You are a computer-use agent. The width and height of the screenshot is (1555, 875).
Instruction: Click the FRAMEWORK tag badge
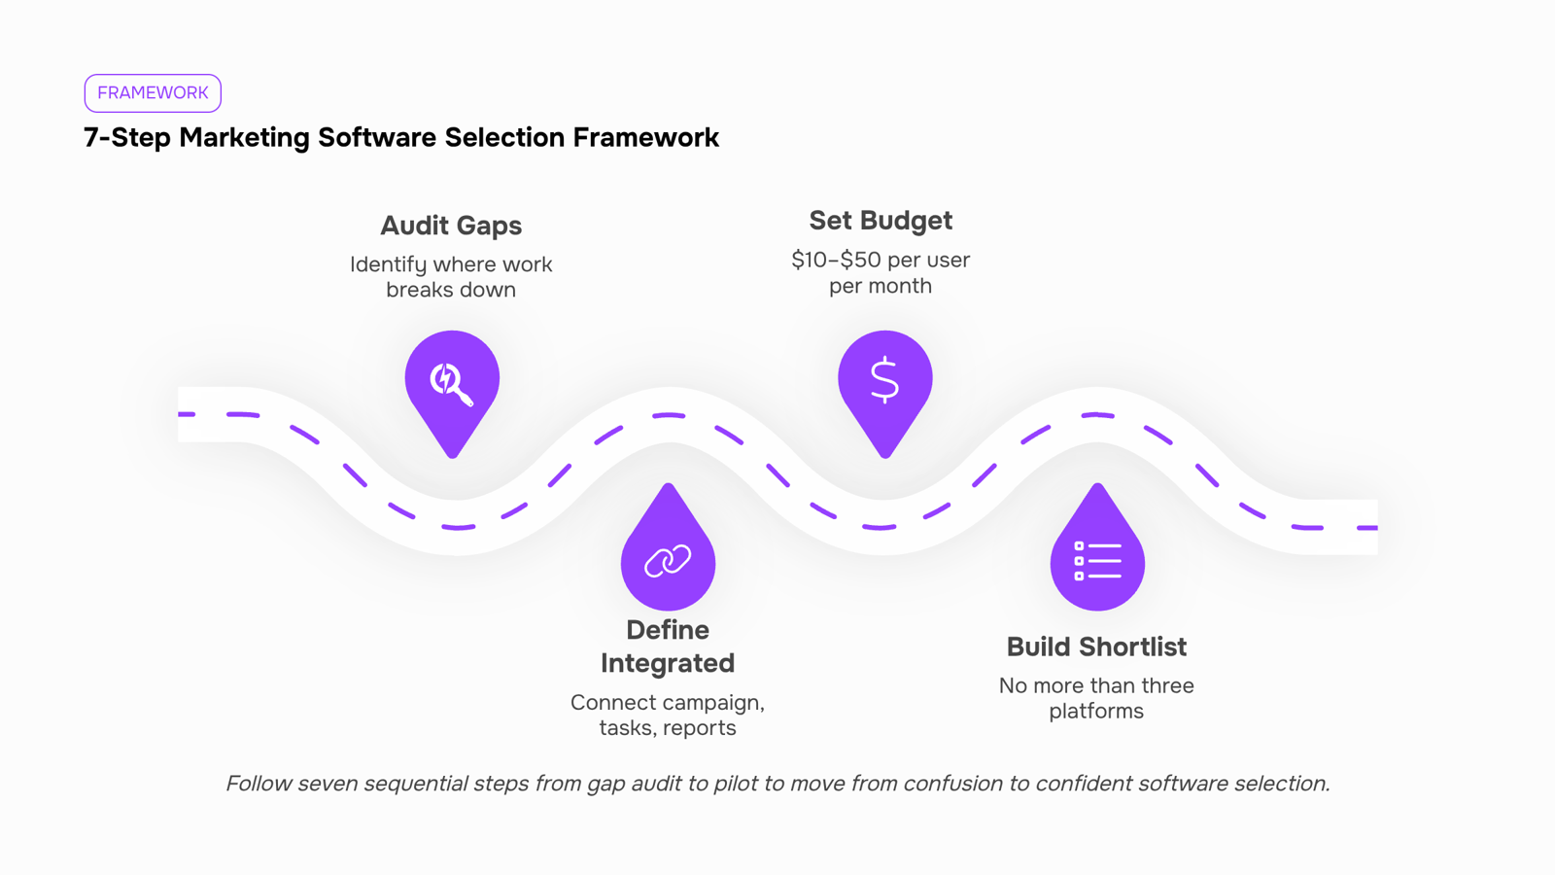[x=153, y=93]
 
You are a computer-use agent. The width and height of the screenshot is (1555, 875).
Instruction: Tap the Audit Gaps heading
[x=451, y=227]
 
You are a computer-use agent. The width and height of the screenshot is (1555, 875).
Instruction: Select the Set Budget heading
[x=881, y=221]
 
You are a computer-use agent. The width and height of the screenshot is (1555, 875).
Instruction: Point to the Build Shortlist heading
[x=1097, y=647]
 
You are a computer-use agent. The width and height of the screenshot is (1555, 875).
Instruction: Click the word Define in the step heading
[x=668, y=630]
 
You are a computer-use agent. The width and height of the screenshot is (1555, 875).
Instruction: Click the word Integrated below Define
[x=668, y=663]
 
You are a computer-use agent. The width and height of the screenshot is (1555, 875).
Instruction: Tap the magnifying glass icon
[x=451, y=383]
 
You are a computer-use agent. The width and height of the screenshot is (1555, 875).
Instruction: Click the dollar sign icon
[x=885, y=380]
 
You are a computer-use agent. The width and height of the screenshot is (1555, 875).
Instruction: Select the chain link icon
[x=668, y=561]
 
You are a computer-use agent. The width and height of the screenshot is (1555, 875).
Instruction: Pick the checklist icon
[x=1097, y=561]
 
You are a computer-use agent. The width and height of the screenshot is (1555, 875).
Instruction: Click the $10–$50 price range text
[x=837, y=261]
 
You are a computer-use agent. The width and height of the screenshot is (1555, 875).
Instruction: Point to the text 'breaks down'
[x=451, y=290]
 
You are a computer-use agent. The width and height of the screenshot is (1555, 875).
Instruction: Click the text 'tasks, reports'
[x=668, y=728]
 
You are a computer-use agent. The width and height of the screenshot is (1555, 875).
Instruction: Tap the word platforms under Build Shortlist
[x=1096, y=712]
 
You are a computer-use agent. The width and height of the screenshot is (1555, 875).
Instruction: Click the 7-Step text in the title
[x=127, y=137]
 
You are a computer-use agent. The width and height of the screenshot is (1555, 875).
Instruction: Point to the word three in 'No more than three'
[x=1167, y=686]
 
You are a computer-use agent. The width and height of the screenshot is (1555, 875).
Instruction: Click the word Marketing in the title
[x=244, y=137]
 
